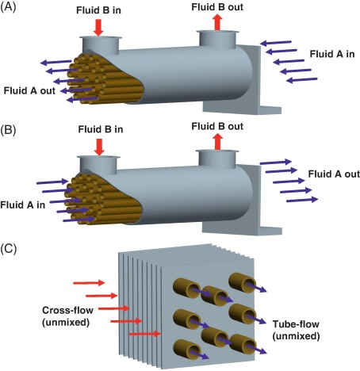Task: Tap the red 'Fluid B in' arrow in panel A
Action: pyautogui.click(x=98, y=26)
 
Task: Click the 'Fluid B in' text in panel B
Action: pyautogui.click(x=98, y=129)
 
